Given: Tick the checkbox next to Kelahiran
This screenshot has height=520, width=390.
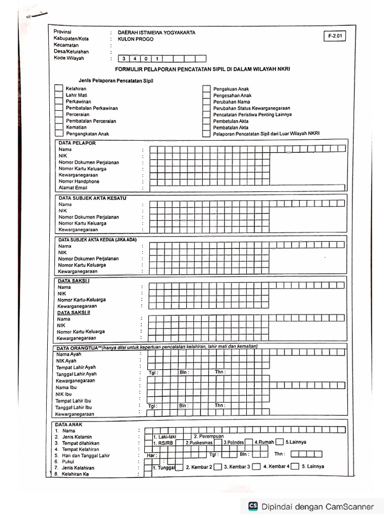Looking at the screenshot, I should click(x=58, y=88).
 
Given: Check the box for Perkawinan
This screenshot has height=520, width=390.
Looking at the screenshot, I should click(x=58, y=101).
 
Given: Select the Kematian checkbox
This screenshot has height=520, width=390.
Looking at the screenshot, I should click(x=58, y=127).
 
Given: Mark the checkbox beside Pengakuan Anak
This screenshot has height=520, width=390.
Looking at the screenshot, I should click(x=206, y=89).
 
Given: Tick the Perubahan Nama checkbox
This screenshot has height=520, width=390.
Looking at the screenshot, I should click(x=206, y=102).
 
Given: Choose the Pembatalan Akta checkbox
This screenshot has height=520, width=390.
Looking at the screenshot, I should click(x=206, y=127).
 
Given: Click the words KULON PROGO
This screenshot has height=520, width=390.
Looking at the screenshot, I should click(x=135, y=39).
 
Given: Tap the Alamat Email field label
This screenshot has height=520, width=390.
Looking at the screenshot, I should click(x=73, y=188).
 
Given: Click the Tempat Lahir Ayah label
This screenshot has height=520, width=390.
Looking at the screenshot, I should click(x=76, y=367).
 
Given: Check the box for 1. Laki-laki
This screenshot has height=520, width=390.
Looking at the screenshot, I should click(x=148, y=437).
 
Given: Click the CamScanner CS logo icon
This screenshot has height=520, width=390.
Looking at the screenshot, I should click(x=252, y=506).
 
